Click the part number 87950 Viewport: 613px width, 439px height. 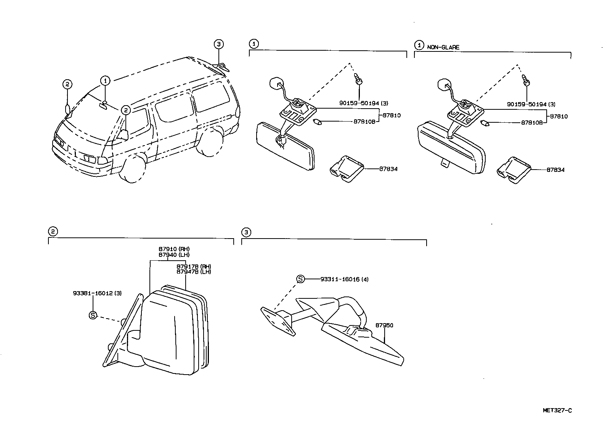click(384, 325)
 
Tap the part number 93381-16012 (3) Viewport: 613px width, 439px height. click(97, 293)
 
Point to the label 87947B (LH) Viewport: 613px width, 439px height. click(194, 272)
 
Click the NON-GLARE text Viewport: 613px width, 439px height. click(443, 47)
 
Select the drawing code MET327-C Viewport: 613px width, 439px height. click(557, 410)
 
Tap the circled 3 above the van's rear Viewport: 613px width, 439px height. click(218, 45)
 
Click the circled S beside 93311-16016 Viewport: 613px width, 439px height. click(300, 279)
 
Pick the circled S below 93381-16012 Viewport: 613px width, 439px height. click(93, 315)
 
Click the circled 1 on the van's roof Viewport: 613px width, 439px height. click(105, 80)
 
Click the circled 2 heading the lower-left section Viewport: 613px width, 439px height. click(53, 231)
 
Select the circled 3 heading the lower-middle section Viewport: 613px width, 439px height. click(246, 232)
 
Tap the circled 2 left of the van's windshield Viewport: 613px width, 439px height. click(67, 84)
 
